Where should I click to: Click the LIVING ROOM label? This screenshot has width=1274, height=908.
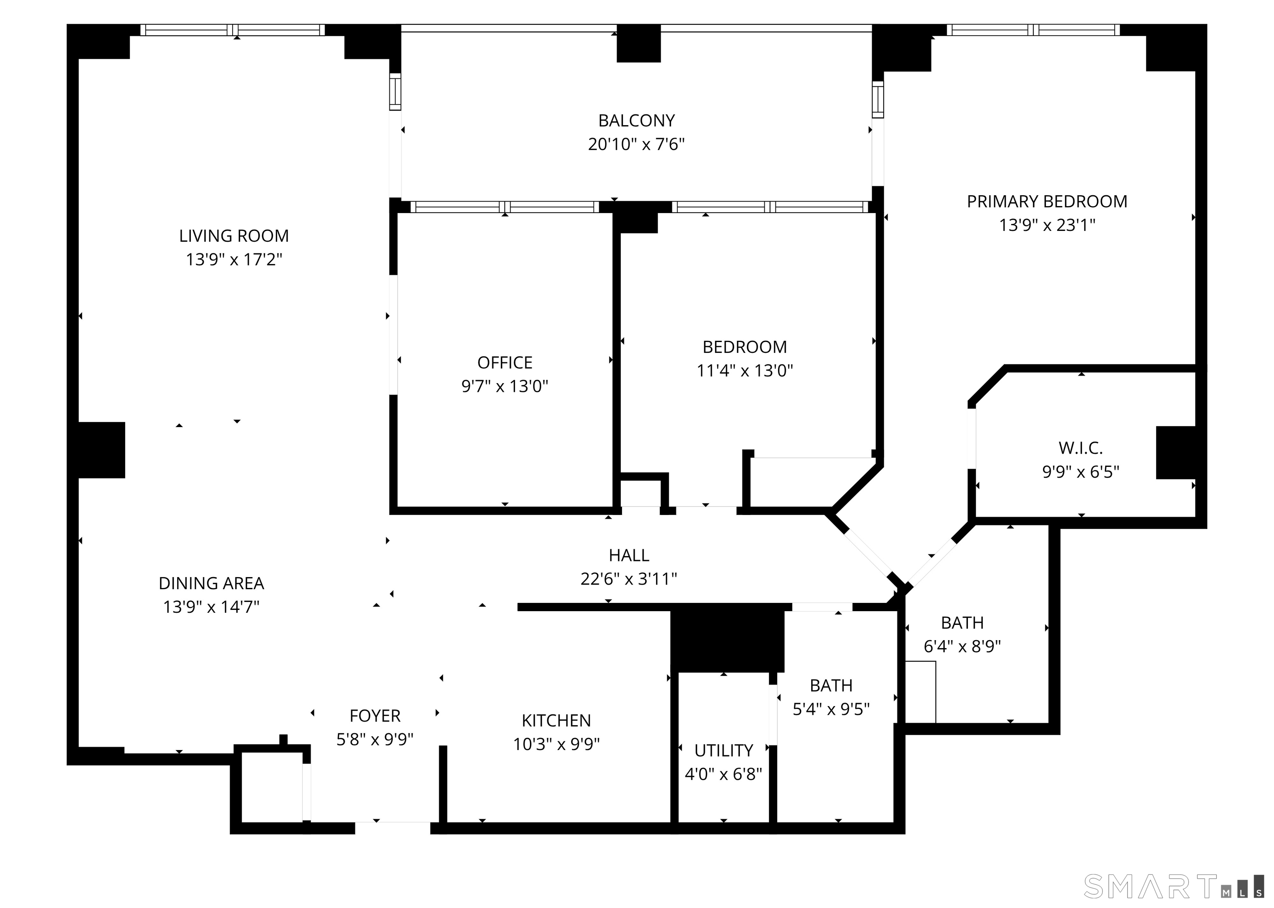point(234,236)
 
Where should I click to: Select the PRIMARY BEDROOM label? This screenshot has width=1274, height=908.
point(1047,201)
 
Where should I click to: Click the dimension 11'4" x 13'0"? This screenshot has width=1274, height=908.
point(744,371)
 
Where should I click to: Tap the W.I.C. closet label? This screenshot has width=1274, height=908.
point(1080,448)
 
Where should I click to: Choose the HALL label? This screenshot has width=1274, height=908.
point(629,555)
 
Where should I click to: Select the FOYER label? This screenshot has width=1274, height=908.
point(375,716)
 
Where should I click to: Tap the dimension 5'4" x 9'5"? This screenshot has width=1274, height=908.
point(831,709)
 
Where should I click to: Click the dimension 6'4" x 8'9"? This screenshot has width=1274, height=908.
point(962,646)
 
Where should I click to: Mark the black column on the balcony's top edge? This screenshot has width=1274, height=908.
point(639,44)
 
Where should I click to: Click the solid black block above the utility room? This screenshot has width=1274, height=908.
point(727,639)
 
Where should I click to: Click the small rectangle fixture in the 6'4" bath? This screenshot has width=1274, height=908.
point(920,692)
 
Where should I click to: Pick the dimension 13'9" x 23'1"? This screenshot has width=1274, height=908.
point(1047,225)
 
